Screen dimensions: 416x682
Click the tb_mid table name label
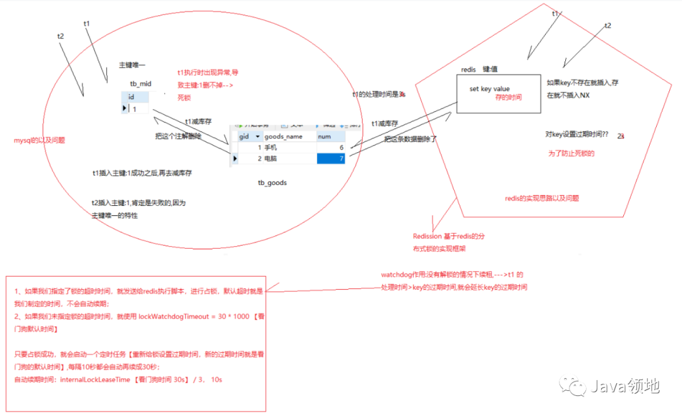pyautogui.click(x=140, y=84)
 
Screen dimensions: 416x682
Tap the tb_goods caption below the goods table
pyautogui.click(x=272, y=183)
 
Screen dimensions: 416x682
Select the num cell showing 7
pyautogui.click(x=330, y=158)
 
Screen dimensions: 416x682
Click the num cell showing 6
pyautogui.click(x=330, y=147)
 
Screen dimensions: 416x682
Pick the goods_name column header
pyautogui.click(x=283, y=136)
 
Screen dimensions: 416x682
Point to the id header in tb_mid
pyautogui.click(x=131, y=97)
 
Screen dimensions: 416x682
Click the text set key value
pyautogui.click(x=489, y=89)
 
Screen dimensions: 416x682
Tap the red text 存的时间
pyautogui.click(x=508, y=98)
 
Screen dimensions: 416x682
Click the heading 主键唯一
pyautogui.click(x=132, y=65)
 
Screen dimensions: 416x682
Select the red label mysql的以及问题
pyautogui.click(x=39, y=141)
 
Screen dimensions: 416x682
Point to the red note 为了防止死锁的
pyautogui.click(x=571, y=153)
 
